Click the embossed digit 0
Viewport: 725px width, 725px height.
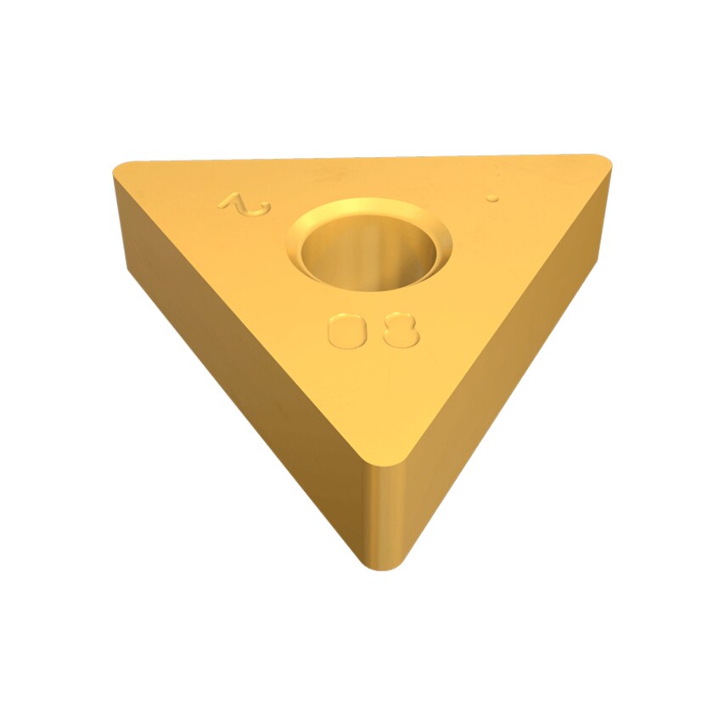[x=346, y=330]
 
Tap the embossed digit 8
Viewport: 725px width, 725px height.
[x=401, y=330]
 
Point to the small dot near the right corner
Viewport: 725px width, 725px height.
[x=491, y=198]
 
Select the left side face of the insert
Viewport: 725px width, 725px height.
[x=238, y=365]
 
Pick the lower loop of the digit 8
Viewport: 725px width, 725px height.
[x=401, y=338]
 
